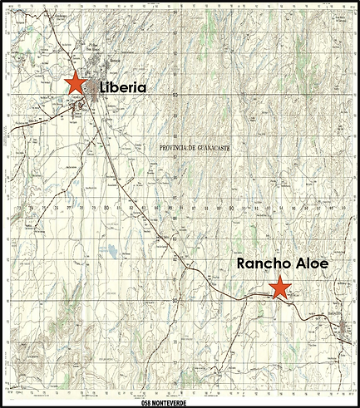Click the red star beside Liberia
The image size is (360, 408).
pos(75,82)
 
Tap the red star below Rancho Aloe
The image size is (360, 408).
pos(280,288)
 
